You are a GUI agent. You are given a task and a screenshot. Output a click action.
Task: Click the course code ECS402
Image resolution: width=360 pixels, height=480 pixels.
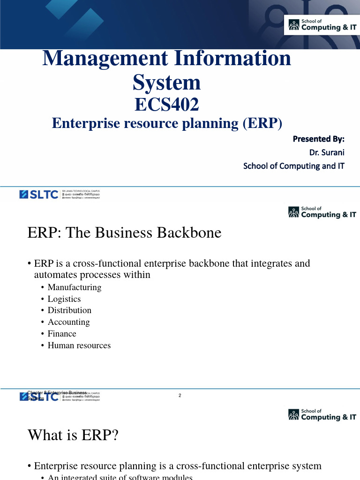(167, 105)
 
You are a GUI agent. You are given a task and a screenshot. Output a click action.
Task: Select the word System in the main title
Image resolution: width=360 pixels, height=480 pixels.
(167, 82)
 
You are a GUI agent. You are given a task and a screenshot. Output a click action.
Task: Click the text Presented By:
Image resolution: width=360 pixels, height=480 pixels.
(318, 139)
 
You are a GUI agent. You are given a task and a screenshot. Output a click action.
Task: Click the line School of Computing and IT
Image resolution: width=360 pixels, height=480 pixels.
(293, 166)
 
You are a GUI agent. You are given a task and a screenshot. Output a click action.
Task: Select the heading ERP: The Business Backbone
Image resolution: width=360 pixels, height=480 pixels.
(124, 232)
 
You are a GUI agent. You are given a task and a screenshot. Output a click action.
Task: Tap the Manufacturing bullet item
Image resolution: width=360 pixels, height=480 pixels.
(74, 287)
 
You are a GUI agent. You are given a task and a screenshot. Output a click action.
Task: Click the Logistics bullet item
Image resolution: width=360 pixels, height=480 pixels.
(64, 299)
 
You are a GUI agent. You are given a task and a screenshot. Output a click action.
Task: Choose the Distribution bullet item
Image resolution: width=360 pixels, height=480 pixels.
(69, 310)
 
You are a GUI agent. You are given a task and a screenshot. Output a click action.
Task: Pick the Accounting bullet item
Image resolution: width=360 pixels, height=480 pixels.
(68, 322)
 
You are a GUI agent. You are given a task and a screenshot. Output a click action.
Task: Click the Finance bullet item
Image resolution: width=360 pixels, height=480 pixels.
(62, 334)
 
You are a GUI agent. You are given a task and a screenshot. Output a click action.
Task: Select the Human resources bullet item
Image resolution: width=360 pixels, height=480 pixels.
(79, 345)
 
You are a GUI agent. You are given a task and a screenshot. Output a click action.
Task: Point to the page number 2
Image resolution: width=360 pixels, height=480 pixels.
(180, 396)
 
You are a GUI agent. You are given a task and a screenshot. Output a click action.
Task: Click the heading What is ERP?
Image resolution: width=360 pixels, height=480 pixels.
(73, 435)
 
